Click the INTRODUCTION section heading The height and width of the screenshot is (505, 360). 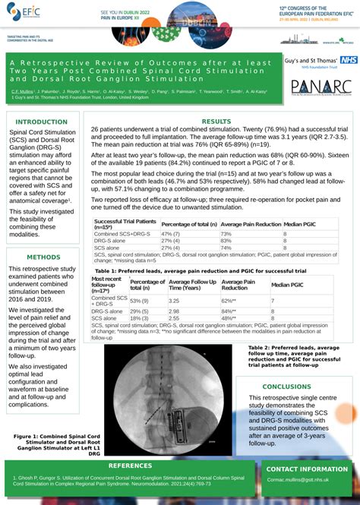pyautogui.click(x=42, y=122)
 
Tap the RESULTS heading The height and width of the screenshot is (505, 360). pyautogui.click(x=216, y=122)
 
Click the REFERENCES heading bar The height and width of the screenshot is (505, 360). pyautogui.click(x=131, y=465)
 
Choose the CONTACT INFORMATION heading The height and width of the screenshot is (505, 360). pyautogui.click(x=308, y=469)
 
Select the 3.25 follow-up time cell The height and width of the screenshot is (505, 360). pyautogui.click(x=175, y=301)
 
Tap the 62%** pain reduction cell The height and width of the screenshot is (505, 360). pyautogui.click(x=229, y=301)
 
